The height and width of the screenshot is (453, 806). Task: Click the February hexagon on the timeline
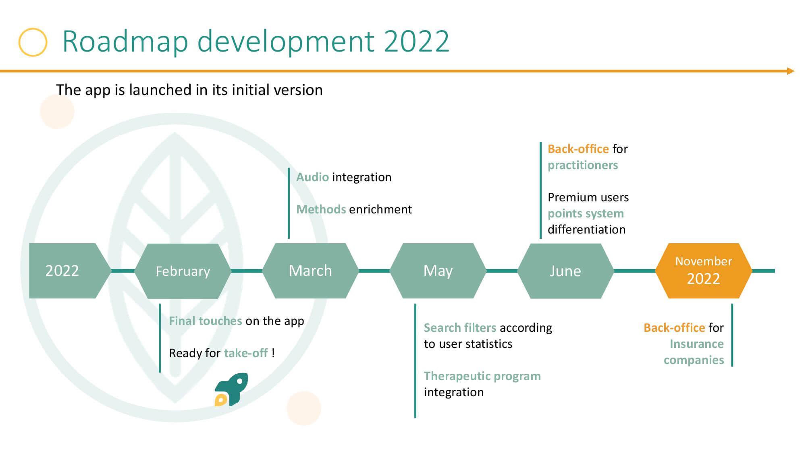tap(183, 271)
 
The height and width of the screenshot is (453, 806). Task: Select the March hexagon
tap(310, 271)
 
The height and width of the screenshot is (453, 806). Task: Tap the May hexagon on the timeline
tap(438, 271)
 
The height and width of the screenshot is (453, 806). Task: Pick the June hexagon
tap(565, 271)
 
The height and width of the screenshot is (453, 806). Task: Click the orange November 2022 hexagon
tap(704, 271)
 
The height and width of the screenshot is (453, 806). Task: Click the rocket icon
tap(231, 389)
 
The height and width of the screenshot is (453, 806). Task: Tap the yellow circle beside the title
tap(33, 42)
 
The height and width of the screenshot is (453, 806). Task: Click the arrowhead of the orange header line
tap(791, 71)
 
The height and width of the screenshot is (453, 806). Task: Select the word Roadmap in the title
tap(125, 41)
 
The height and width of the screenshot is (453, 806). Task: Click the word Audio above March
tap(313, 177)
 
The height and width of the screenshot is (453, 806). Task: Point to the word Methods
tap(321, 209)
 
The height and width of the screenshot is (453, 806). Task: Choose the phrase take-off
tap(246, 353)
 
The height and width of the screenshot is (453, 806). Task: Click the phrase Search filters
tap(460, 328)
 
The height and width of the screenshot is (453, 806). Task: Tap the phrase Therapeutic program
tap(482, 376)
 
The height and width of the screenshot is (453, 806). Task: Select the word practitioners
tap(583, 165)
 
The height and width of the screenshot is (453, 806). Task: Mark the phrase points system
tap(586, 213)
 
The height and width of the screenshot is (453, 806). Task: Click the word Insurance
tap(697, 344)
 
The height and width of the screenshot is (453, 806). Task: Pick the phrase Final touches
tap(206, 321)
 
